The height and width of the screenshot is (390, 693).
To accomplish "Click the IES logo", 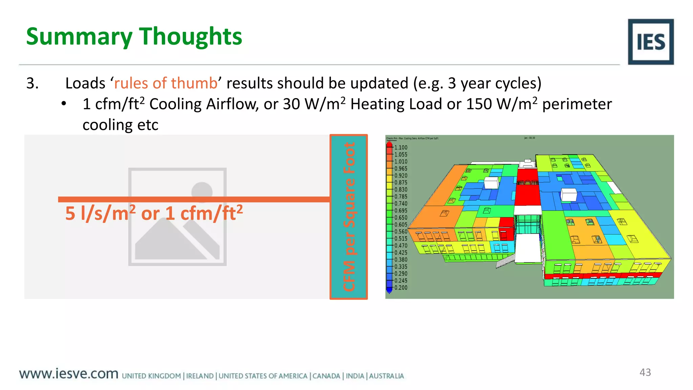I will tap(650, 42).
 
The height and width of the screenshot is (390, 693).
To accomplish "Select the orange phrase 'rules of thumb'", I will tap(165, 83).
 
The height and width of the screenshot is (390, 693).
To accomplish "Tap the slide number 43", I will tap(645, 372).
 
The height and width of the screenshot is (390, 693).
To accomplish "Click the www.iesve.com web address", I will tap(69, 374).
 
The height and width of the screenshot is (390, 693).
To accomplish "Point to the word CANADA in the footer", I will tap(326, 376).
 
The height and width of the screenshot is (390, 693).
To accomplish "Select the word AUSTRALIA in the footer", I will tap(386, 376).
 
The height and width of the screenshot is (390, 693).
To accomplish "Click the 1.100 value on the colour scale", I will tap(401, 148).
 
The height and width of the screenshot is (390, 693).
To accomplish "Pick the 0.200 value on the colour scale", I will tap(401, 288).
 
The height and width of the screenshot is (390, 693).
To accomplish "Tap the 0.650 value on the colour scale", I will tap(401, 218).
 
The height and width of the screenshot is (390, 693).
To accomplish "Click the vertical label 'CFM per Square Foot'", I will tap(349, 217).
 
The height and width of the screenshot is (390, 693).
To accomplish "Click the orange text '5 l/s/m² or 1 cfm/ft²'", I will tap(154, 214).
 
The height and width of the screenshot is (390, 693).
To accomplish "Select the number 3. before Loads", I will tap(32, 83).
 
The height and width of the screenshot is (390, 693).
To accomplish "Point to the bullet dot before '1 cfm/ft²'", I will tap(64, 104).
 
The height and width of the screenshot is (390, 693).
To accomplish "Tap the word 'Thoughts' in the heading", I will tap(191, 37).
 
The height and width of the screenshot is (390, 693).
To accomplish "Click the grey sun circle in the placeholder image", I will tap(202, 192).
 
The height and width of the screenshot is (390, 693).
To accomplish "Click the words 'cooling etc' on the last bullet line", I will tap(120, 125).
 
